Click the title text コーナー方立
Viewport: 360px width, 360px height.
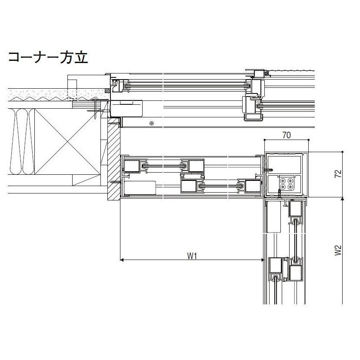coord(48,58)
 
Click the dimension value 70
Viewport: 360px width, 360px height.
coord(286,135)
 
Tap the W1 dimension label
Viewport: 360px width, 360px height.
coord(192,256)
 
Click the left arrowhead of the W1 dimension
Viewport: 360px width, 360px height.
coord(122,260)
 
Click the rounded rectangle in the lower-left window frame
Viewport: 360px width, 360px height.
coord(140,188)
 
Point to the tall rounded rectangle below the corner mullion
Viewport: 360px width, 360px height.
coord(273,216)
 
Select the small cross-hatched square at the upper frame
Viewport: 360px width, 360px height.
coord(107,91)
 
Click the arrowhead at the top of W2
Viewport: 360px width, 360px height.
coord(343,199)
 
